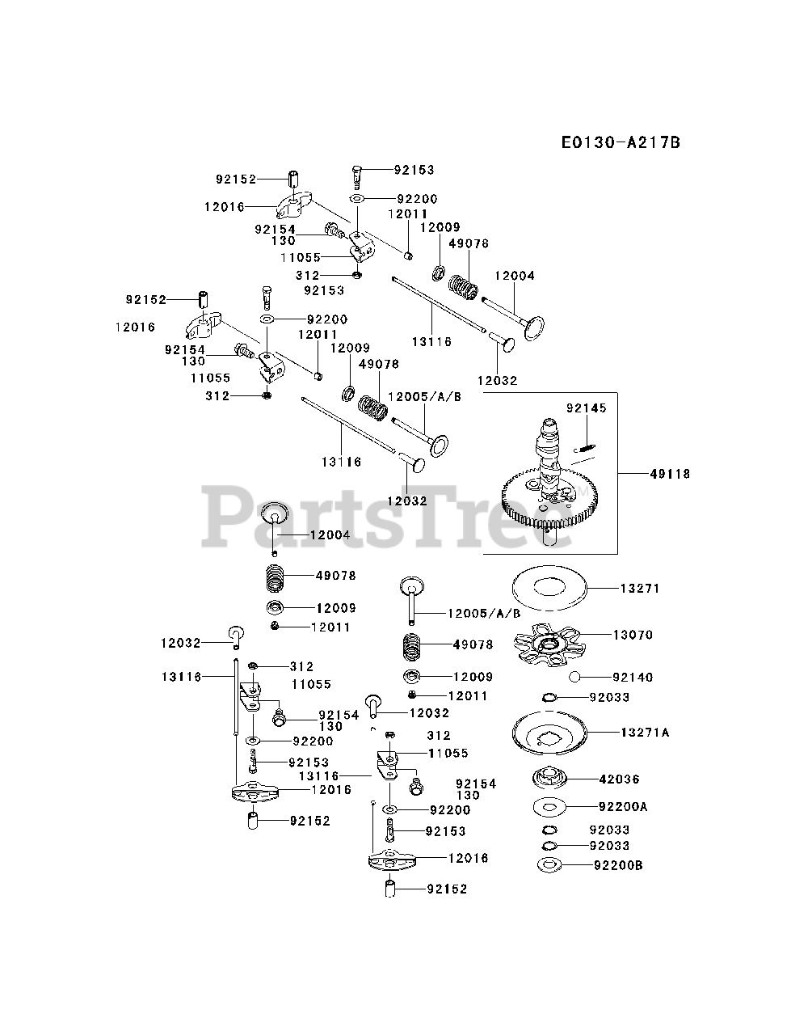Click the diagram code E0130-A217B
point(621,142)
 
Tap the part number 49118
point(669,474)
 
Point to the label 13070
point(633,635)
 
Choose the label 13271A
point(645,733)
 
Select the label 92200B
point(618,865)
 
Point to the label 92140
point(633,677)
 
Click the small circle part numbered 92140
point(574,677)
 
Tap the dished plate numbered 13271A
point(549,733)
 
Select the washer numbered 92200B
point(549,866)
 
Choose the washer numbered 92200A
point(549,806)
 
